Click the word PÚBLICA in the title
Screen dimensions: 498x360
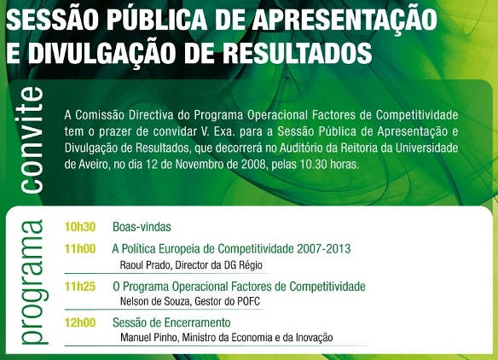(157, 19)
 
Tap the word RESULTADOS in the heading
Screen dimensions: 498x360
(297, 52)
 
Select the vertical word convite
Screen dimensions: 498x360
(32, 140)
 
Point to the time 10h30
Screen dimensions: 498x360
(80, 227)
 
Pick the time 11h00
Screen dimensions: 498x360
(80, 249)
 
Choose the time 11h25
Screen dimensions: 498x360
(80, 287)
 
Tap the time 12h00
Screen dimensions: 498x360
(80, 322)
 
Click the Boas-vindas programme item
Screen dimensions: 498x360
(142, 227)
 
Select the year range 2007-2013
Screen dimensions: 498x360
(324, 249)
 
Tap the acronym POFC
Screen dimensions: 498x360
(248, 301)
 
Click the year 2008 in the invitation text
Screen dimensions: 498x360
(253, 165)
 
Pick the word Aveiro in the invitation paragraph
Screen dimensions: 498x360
(90, 165)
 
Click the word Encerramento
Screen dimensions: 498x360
(197, 322)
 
